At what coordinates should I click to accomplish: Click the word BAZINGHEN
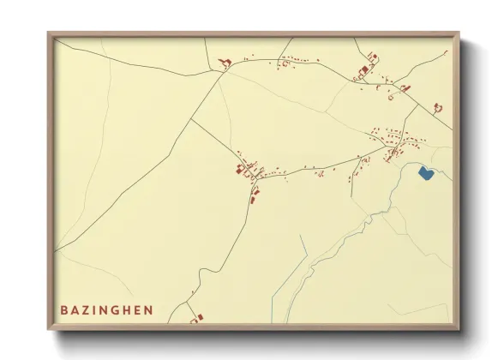tap(107, 309)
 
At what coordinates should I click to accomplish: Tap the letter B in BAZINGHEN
tap(64, 309)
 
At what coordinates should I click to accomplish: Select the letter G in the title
tap(117, 309)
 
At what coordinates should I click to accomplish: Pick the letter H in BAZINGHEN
tap(129, 309)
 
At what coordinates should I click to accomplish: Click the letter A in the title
tap(75, 309)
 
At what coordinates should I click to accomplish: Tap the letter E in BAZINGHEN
tap(139, 309)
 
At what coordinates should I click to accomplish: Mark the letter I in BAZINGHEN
tap(96, 309)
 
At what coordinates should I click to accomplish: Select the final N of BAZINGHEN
tap(150, 309)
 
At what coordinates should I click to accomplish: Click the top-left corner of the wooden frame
tap(49, 33)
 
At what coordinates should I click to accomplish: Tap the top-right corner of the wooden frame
tap(459, 33)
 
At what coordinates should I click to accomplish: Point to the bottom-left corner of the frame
tap(49, 329)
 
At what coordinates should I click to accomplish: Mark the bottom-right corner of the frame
tap(459, 329)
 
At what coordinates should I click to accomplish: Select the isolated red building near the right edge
tap(437, 107)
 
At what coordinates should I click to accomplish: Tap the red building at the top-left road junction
tap(226, 62)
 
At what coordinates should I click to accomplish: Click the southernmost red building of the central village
tap(254, 201)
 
